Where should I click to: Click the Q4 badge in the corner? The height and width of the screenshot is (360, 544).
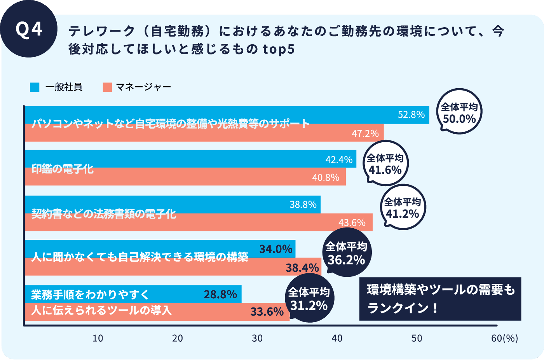(29, 30)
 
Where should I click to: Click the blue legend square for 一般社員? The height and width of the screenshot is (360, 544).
(35, 87)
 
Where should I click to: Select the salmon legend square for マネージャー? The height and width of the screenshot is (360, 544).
(107, 87)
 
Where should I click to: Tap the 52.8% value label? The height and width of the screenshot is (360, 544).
(411, 115)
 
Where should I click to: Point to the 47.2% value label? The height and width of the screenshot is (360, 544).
(365, 134)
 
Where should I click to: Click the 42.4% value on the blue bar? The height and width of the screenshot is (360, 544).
(339, 160)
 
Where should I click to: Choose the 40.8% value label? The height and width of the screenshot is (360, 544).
(326, 178)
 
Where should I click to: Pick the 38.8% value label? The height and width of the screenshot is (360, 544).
(303, 204)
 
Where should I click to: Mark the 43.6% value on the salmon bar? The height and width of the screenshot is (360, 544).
(352, 223)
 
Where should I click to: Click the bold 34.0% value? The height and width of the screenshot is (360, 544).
(275, 249)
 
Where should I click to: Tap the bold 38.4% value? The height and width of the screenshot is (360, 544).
(302, 268)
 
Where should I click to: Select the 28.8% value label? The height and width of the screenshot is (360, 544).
(220, 295)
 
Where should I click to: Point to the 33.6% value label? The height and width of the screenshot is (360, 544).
(267, 312)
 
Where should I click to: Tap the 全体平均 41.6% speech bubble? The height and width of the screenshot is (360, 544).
(385, 164)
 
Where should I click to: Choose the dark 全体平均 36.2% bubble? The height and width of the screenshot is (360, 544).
(346, 253)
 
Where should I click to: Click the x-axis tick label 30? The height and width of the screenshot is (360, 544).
(257, 339)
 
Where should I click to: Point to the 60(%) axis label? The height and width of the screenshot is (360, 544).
(504, 339)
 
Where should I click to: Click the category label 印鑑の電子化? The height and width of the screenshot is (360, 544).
(63, 169)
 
